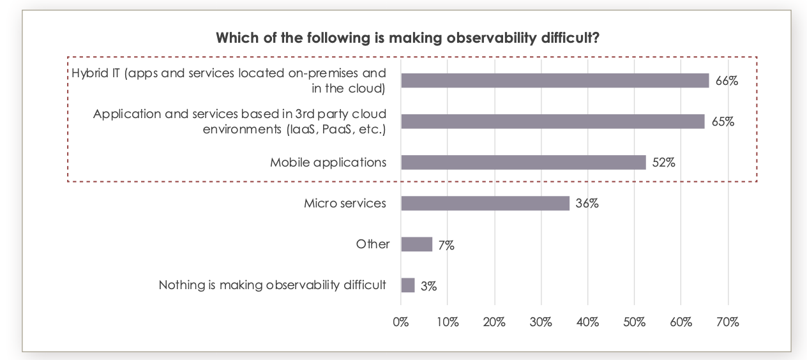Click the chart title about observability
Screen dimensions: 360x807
407,38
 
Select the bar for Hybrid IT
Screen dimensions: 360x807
555,80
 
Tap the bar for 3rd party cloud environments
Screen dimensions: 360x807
552,121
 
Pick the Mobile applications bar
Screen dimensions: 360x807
523,162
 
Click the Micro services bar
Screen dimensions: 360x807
485,203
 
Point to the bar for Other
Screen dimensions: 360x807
416,244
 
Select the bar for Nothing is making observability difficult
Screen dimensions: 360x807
407,285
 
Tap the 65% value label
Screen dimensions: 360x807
723,122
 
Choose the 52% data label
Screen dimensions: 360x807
663,163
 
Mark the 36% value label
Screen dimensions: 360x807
587,204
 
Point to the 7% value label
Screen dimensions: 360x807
446,245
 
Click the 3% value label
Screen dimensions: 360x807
428,287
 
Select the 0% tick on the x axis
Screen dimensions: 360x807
401,322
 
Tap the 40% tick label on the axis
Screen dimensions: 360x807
587,322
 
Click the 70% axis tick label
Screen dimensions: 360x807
727,322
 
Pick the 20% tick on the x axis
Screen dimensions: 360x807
494,322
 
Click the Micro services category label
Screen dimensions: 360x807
345,204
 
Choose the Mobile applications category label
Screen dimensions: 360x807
328,162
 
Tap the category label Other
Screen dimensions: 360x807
372,244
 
